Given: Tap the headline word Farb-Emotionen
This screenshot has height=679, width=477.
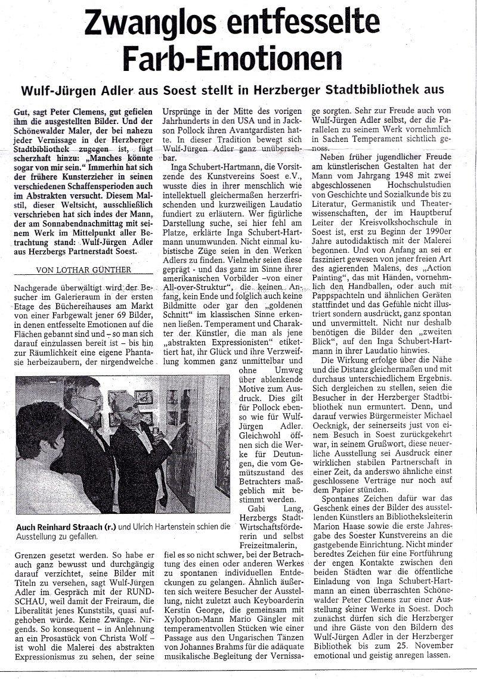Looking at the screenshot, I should click(x=232, y=58).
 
